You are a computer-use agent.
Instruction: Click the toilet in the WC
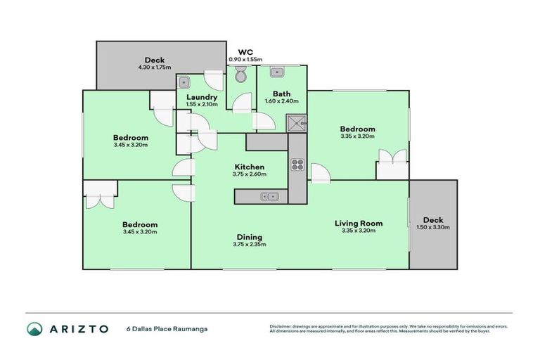point(241,75)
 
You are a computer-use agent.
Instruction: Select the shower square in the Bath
point(297,122)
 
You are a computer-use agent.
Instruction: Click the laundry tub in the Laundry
point(185,82)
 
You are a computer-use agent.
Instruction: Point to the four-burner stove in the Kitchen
point(297,166)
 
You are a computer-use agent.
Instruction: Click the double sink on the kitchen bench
point(269,196)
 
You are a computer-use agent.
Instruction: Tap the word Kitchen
point(249,167)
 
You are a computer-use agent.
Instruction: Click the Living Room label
point(359,223)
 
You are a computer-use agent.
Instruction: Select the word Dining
point(249,237)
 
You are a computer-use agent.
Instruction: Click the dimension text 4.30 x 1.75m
point(154,67)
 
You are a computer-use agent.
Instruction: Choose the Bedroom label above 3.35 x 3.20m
point(357,129)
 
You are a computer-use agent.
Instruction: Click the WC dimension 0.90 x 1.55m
point(245,60)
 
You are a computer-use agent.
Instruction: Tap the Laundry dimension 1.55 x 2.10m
point(202,104)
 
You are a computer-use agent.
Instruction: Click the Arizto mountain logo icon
point(34,328)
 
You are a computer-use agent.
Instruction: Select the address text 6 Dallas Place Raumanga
point(166,328)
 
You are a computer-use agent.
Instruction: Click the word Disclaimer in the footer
point(282,326)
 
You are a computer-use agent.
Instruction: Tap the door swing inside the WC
point(243,101)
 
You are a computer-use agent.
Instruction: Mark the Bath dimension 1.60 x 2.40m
point(281,101)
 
